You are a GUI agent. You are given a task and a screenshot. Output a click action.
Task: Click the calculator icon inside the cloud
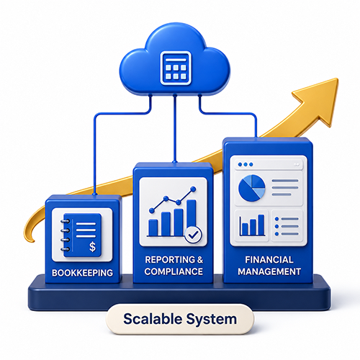point(176,68)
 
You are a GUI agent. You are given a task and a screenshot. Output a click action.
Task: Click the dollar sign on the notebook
point(92,246)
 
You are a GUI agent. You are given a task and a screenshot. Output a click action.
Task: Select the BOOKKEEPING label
point(82,273)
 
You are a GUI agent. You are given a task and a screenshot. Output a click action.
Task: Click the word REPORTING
point(170,260)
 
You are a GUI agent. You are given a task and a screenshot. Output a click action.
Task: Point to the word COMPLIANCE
point(174,271)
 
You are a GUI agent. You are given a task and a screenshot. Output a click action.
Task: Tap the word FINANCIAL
point(269,260)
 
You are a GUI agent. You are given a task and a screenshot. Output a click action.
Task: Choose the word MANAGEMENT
point(269,271)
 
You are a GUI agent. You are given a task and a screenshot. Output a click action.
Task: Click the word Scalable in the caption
point(153,319)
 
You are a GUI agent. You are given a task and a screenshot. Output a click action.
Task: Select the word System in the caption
point(212,320)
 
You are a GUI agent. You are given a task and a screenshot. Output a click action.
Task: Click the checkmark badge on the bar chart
point(193,235)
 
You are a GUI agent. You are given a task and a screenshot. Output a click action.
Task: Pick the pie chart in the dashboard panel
point(251,188)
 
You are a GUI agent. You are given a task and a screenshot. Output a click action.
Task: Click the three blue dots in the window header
point(246,164)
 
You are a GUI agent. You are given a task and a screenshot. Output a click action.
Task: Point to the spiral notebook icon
point(81,235)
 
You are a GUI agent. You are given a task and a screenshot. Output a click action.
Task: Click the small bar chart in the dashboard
point(252,225)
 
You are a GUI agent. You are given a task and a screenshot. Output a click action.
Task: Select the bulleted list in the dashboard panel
point(287,226)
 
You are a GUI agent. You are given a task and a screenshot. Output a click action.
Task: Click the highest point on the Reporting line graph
point(193,189)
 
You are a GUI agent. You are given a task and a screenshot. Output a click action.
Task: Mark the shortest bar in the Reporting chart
point(153,228)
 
